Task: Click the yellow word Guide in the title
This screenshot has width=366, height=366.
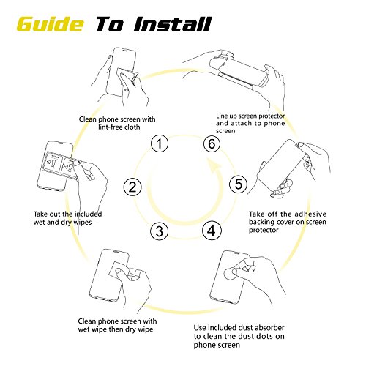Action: click(50, 24)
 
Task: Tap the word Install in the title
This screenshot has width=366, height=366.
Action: click(172, 24)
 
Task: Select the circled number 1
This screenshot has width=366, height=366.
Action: click(160, 143)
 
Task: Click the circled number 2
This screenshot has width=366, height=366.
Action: click(132, 187)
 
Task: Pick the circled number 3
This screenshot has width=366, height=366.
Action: click(160, 231)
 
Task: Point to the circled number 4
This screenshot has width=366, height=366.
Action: click(212, 231)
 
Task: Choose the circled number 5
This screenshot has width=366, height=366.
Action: click(239, 184)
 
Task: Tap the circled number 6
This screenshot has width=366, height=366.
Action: click(212, 143)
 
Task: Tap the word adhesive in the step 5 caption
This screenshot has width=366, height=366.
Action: click(310, 214)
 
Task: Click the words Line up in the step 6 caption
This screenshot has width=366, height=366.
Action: click(226, 116)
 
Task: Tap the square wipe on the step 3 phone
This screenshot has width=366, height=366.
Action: click(119, 272)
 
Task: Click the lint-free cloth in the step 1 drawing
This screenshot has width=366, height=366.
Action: click(127, 78)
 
